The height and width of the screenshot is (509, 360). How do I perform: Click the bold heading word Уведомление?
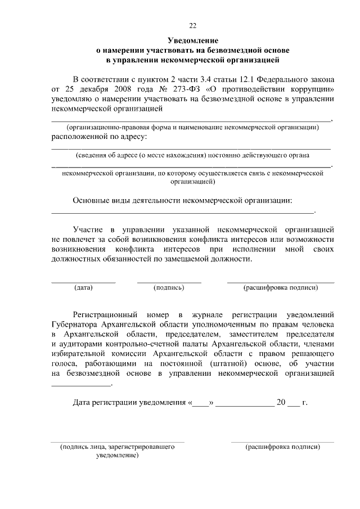[x=193, y=41]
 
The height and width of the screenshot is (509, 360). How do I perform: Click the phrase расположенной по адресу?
[x=99, y=136]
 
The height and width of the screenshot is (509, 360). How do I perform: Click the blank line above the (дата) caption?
[x=83, y=281]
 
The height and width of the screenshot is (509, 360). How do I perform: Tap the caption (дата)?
[x=83, y=288]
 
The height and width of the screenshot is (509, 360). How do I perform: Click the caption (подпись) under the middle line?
[x=169, y=288]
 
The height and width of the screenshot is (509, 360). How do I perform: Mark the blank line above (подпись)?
[x=169, y=281]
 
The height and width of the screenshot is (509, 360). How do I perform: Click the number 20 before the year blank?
[x=280, y=403]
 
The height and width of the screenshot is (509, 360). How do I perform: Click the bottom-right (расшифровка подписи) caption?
[x=282, y=447]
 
